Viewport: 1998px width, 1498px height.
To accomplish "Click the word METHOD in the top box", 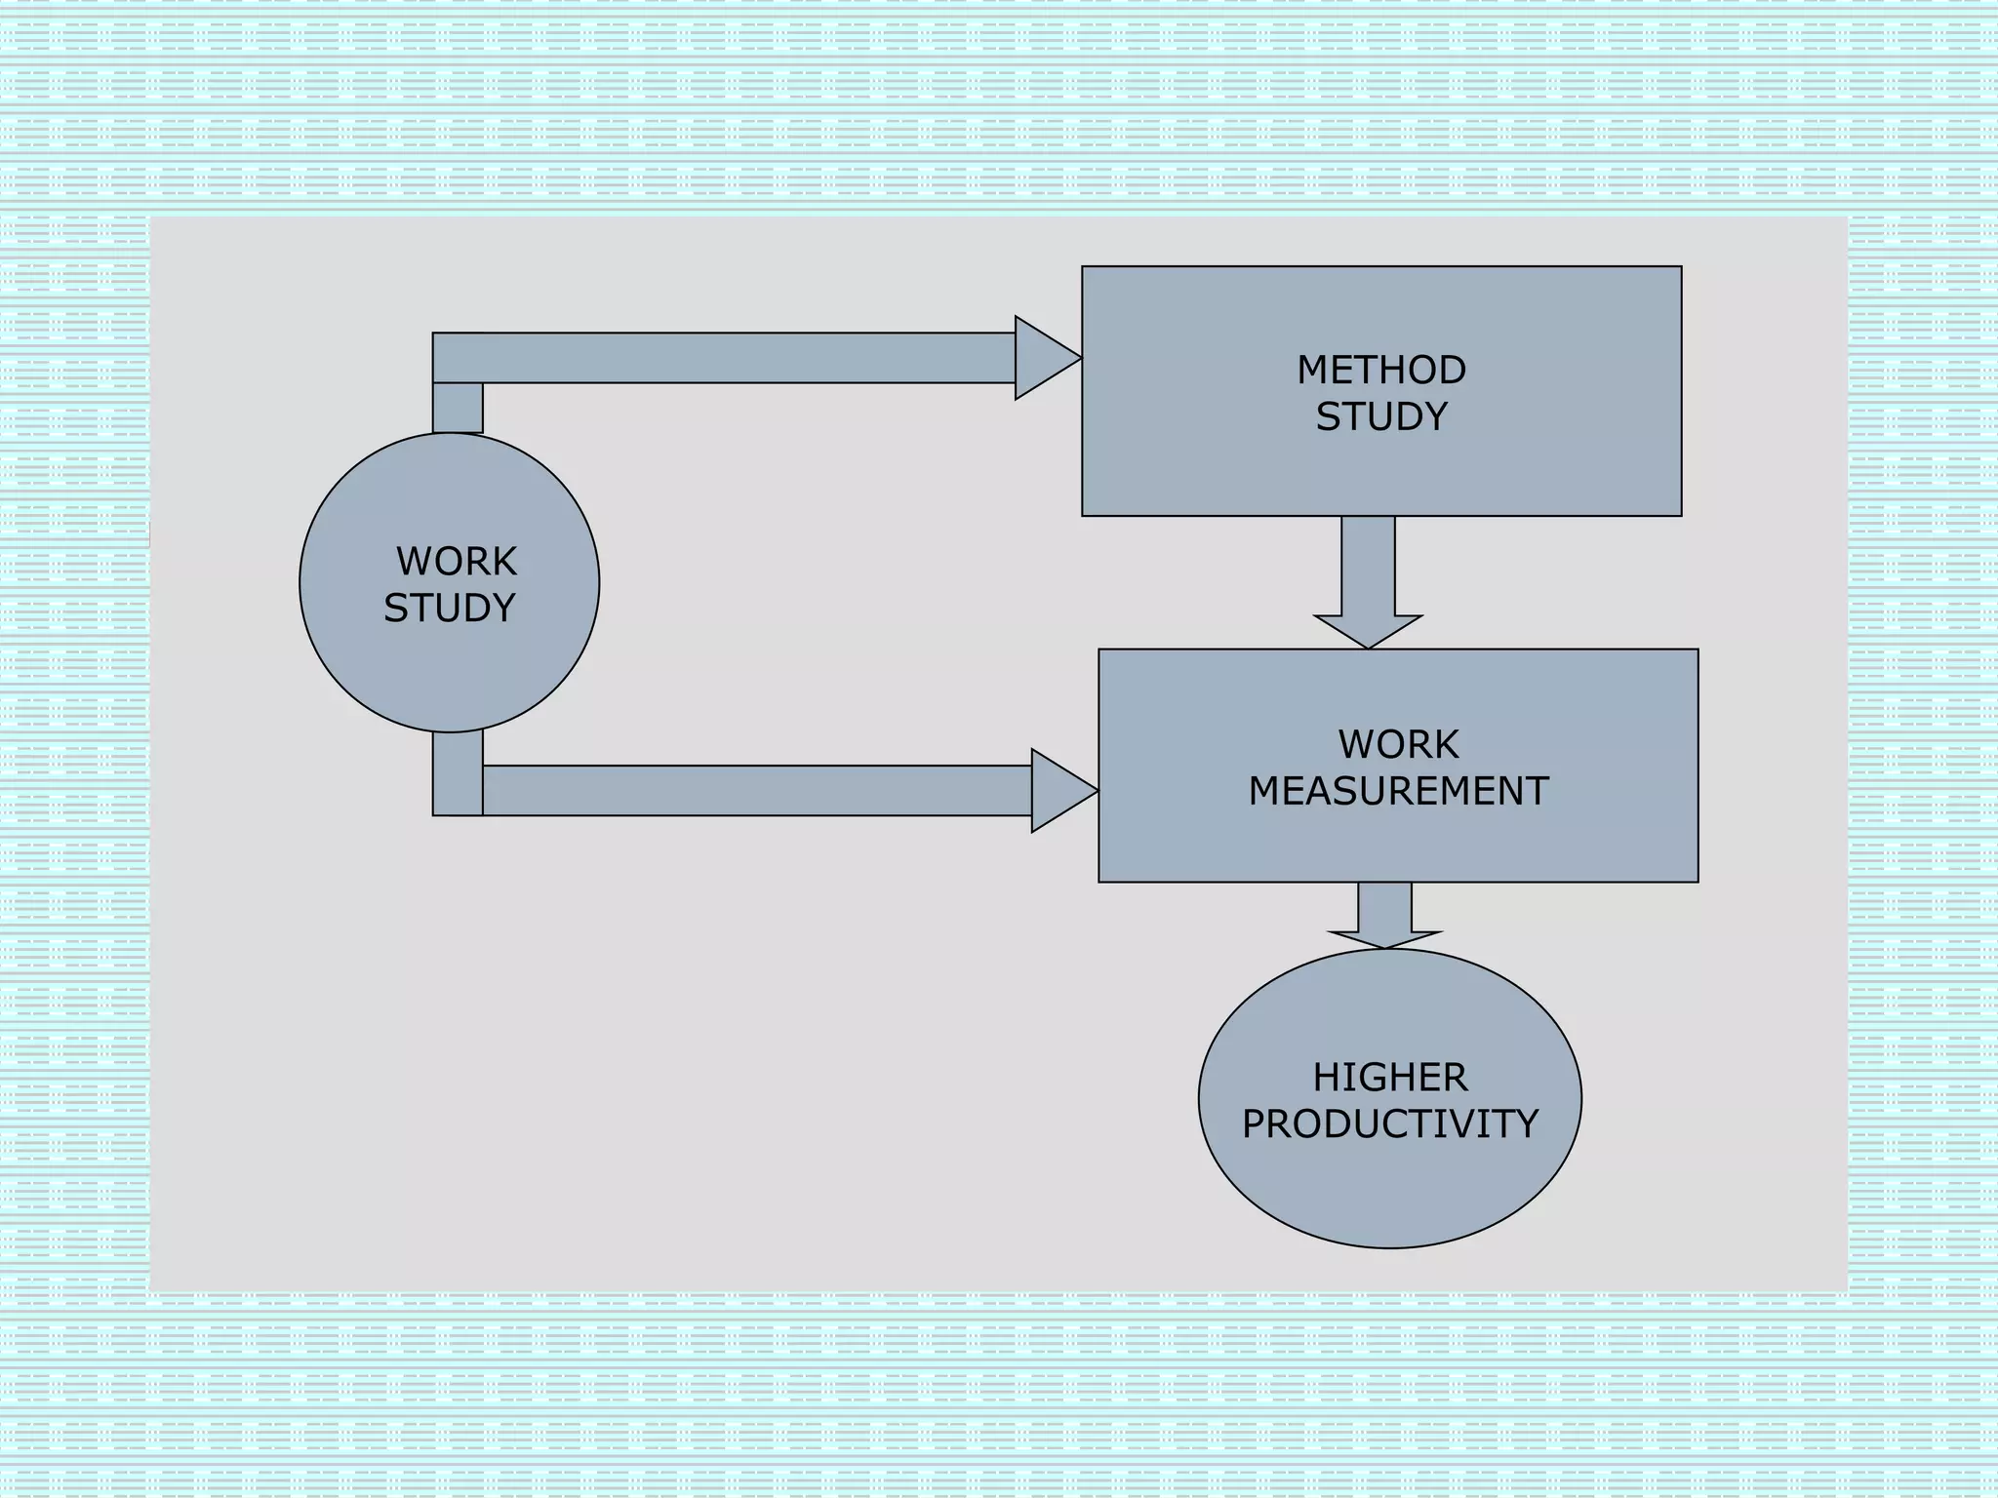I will [1380, 370].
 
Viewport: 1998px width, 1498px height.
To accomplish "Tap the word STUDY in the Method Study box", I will [1380, 416].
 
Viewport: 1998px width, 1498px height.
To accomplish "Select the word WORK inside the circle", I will [456, 562].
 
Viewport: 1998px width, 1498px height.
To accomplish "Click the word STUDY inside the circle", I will [449, 608].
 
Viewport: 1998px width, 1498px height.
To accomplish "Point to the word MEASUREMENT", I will [1397, 791].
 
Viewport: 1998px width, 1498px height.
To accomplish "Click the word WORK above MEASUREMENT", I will [1397, 744].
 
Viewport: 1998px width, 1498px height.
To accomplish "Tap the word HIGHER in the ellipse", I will [1389, 1078].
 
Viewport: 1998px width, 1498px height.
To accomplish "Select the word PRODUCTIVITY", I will [1389, 1123].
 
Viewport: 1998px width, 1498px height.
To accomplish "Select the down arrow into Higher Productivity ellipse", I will [1384, 917].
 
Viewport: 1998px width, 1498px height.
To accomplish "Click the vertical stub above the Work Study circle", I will [458, 408].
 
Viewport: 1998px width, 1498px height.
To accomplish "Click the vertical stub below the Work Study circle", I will [458, 775].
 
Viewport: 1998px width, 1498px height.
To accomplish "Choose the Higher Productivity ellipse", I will [1389, 1190].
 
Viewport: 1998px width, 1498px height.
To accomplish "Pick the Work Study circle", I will [449, 673].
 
